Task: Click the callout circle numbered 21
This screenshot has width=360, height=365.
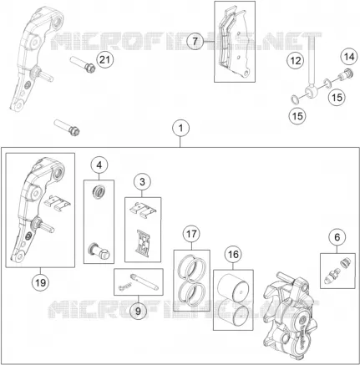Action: pos(105,59)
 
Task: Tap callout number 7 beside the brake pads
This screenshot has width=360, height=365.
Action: pos(195,41)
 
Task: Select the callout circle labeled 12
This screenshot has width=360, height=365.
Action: pos(296,60)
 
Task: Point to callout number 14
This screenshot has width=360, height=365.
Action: pos(349,57)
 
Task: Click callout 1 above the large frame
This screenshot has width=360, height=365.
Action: pos(181,129)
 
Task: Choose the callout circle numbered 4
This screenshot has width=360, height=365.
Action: pos(99,165)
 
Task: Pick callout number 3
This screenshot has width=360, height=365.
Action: pos(142,182)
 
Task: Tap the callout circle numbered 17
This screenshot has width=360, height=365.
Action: pos(191,234)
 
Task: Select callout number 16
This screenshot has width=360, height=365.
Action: pos(233,254)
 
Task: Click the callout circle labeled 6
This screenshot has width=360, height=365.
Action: pos(337,237)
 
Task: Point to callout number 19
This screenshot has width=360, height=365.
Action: pos(40,283)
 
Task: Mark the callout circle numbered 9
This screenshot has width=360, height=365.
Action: pos(139,311)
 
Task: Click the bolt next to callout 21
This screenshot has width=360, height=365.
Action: pos(83,64)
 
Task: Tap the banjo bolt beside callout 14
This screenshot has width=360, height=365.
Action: pos(346,74)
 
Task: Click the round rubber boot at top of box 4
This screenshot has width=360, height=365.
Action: pos(99,192)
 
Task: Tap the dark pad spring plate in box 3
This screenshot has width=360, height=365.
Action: pos(143,241)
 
